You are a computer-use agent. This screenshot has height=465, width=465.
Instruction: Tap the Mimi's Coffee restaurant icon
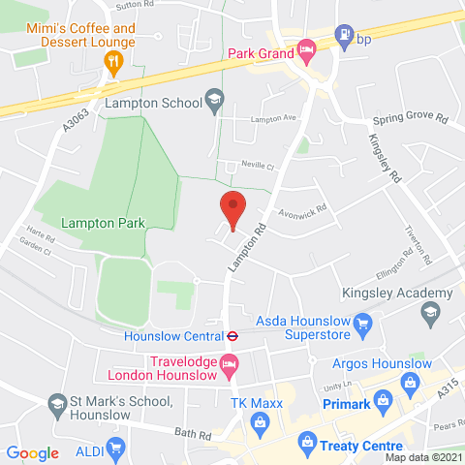pos(111,62)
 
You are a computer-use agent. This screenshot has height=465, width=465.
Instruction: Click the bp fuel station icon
pos(342,38)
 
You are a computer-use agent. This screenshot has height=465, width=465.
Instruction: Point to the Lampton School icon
pos(214,99)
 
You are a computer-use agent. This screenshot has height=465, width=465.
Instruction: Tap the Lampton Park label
pos(103,223)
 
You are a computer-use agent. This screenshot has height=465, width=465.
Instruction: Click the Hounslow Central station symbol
pos(232,337)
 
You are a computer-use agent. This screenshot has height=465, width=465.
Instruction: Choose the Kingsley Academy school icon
pos(429,312)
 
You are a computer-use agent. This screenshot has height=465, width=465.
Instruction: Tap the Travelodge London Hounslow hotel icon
pos(230,366)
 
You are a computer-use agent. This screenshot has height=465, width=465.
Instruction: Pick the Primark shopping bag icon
pos(383,399)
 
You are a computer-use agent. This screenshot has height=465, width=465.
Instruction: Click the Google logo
pos(33,452)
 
